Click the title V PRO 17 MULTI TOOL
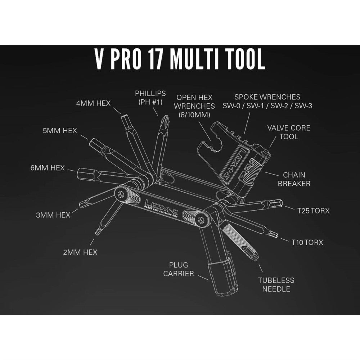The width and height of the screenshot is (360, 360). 180,59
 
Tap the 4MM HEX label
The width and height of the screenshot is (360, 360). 94,103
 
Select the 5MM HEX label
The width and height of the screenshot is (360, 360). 60,131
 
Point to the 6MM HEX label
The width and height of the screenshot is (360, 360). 48,168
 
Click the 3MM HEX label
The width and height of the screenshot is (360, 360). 53,215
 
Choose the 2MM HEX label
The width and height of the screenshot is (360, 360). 80,252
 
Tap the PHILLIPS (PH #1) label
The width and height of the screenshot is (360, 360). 150,98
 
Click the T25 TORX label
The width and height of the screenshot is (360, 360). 314,211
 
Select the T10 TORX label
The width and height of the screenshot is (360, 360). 307,242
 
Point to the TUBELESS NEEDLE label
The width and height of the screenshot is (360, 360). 276,284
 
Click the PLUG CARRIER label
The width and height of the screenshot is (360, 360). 179,269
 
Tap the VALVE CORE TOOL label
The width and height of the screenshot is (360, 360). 289,132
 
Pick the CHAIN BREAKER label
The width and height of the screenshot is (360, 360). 294,179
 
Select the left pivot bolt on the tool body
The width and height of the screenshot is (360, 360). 121,194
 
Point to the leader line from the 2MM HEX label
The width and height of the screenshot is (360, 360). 92,242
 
